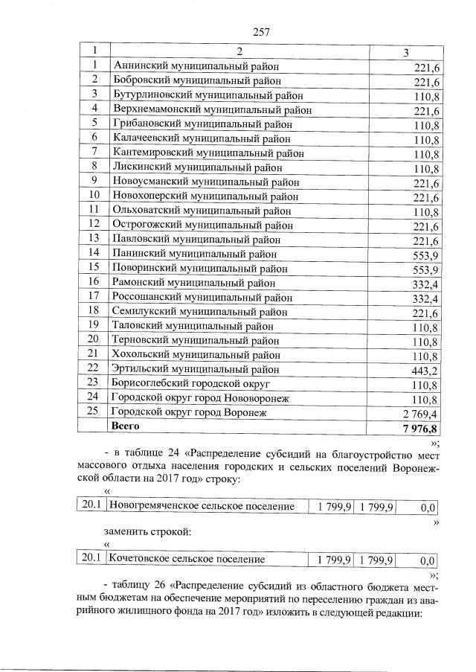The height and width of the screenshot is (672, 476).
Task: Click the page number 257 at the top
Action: [x=260, y=31]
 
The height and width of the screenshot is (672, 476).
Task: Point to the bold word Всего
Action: [x=125, y=427]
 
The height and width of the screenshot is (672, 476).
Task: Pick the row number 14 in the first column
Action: [x=94, y=253]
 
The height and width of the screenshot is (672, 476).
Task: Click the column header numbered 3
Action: [x=405, y=52]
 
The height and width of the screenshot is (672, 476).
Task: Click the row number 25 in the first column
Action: [x=94, y=412]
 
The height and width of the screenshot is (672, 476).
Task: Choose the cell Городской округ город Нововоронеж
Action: [x=199, y=398]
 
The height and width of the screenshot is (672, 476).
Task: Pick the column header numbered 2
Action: [x=239, y=52]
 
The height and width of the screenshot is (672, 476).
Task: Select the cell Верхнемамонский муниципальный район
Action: [x=211, y=109]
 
